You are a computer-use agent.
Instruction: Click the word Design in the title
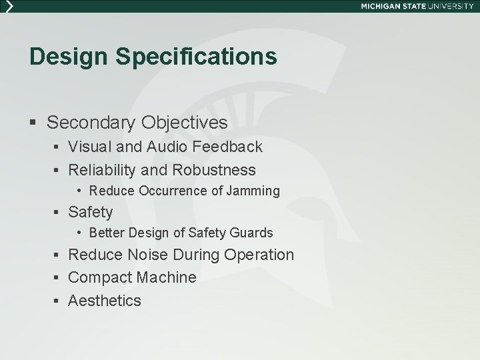pos(68,57)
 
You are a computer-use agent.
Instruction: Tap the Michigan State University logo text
pos(417,5)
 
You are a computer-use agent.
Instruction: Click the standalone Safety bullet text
pos(91,213)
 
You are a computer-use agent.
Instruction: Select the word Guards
pos(251,233)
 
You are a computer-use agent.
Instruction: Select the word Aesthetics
pos(105,301)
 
